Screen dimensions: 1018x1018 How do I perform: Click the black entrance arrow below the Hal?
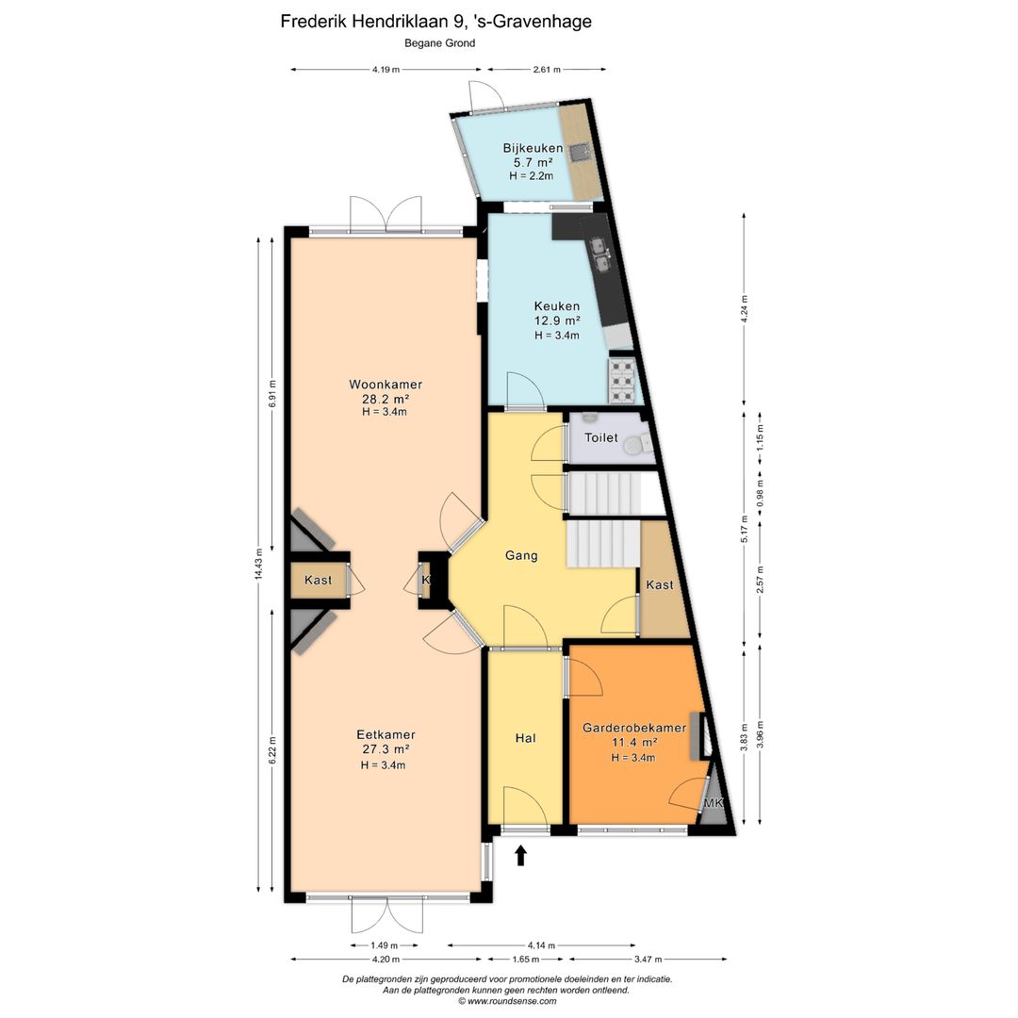pos(520,855)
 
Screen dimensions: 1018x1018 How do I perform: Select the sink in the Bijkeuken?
pos(580,151)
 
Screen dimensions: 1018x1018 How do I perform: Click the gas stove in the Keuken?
pos(621,381)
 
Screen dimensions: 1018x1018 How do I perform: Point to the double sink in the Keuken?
pos(599,254)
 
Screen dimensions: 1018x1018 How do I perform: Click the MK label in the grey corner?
pos(713,803)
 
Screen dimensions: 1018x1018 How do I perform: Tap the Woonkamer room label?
pos(386,385)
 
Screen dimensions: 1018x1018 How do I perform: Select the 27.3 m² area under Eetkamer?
pos(386,749)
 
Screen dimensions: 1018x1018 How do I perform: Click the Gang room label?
pos(521,555)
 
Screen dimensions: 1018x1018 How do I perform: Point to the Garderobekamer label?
pos(633,728)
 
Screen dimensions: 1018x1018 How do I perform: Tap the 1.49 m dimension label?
pos(385,945)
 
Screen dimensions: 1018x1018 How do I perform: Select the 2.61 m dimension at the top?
pos(547,70)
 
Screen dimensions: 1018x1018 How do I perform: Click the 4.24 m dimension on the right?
pos(744,308)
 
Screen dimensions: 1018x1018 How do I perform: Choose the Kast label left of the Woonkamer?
pos(319,580)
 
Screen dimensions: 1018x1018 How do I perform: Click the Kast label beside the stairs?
pos(660,585)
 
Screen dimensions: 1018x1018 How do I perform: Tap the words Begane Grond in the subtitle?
pos(439,43)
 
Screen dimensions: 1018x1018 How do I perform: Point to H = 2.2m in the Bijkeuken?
pos(531,175)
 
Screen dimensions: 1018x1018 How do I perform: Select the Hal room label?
pos(525,738)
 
